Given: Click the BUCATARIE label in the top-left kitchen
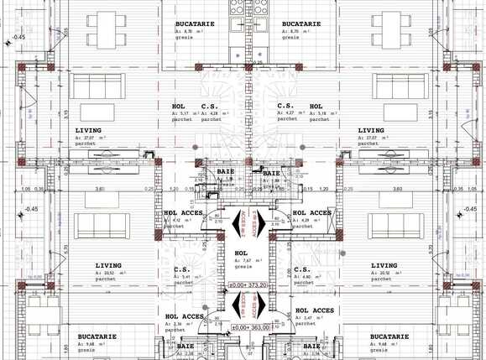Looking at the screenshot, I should tap(191, 23).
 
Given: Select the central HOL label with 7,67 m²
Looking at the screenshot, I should tap(242, 253).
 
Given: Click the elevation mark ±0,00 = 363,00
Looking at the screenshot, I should tap(250, 326).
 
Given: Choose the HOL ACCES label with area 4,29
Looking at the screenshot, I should tap(311, 212).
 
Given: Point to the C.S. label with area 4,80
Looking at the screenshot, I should tap(303, 269).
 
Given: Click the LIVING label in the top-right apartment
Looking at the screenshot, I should tap(371, 131).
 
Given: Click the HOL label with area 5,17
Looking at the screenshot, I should tap(178, 107).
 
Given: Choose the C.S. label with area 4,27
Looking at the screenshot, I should tap(285, 107).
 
